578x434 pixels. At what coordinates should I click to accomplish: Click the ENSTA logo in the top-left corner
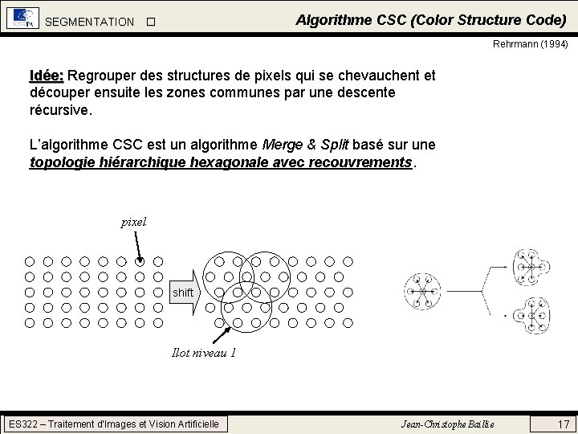coord(22,18)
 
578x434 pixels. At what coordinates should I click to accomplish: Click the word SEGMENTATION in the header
coord(90,22)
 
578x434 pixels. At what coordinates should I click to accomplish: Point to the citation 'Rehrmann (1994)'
coord(530,45)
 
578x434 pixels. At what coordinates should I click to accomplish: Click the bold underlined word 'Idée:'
coord(47,76)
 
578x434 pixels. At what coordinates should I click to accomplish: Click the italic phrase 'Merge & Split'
coord(305,145)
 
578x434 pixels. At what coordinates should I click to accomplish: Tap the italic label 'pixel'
coord(133,222)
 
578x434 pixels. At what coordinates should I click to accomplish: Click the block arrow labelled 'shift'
coord(184,293)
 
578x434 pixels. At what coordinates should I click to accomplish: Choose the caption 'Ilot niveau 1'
coord(204,352)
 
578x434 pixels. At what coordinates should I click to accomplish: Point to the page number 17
coord(563,424)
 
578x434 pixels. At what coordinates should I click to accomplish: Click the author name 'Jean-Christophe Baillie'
coord(448,424)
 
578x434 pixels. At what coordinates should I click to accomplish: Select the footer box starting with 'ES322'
coord(113,424)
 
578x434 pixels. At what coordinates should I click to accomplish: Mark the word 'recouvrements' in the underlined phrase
coord(360,162)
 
